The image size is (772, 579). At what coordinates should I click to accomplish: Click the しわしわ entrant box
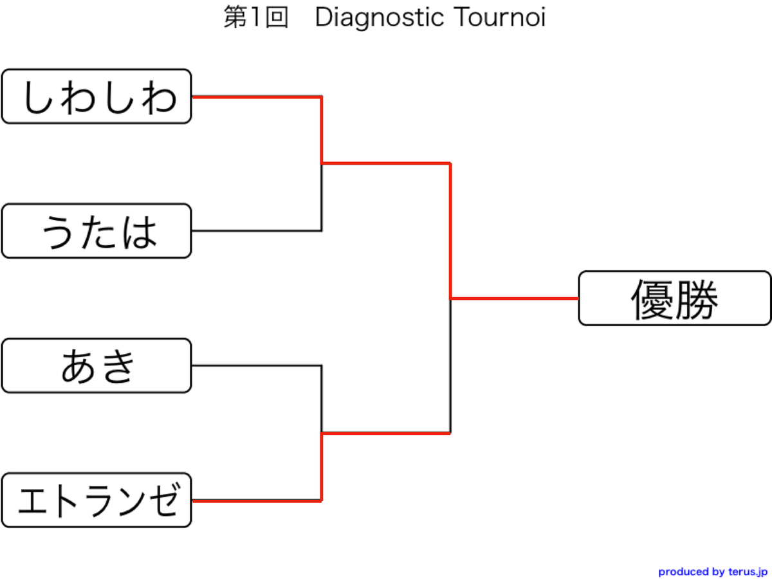[x=96, y=96]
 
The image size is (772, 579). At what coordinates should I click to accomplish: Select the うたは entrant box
[x=96, y=230]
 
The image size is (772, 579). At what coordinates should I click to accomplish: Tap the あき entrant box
[x=96, y=365]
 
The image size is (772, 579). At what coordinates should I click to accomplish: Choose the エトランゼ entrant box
[x=96, y=501]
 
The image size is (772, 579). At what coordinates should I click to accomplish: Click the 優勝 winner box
[x=675, y=298]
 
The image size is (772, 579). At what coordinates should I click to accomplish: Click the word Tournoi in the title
[x=499, y=17]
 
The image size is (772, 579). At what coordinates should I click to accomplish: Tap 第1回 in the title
[x=256, y=17]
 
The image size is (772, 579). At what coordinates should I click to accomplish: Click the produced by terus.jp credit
[x=713, y=572]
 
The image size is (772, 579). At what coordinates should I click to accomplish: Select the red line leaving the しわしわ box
[x=257, y=96]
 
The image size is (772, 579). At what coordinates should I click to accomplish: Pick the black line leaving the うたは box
[x=257, y=230]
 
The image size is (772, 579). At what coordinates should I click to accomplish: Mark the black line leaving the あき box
[x=257, y=365]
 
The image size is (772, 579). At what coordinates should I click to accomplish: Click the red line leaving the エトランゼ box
[x=257, y=501]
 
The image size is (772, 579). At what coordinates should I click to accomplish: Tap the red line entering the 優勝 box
[x=514, y=299]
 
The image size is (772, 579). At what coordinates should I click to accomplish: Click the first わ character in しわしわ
[x=78, y=97]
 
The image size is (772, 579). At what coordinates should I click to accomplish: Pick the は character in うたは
[x=140, y=232]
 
